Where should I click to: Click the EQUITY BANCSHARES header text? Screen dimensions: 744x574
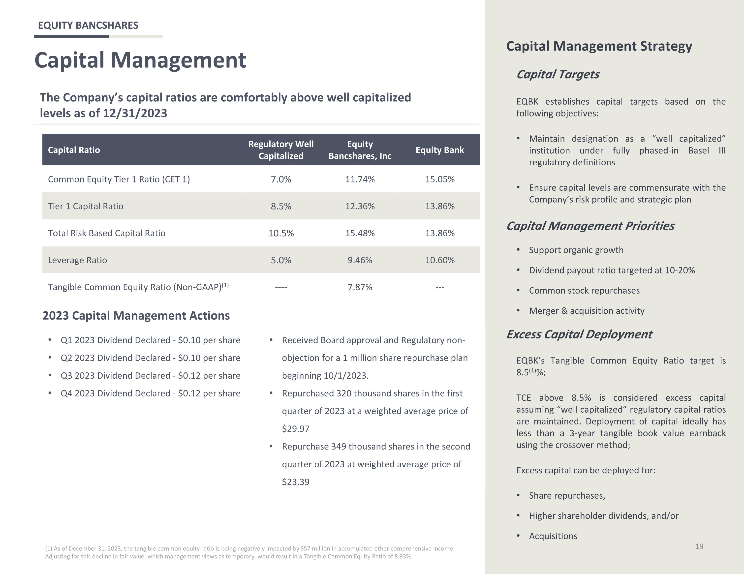88,25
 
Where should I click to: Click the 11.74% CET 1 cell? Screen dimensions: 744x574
360,179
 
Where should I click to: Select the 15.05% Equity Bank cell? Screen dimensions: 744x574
440,179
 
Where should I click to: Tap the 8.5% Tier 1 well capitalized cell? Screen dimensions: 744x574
281,206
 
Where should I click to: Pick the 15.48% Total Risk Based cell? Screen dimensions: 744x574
360,233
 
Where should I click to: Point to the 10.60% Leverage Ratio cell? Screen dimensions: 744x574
440,260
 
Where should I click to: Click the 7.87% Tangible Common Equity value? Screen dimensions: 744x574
360,287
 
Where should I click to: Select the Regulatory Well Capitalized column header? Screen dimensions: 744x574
281,150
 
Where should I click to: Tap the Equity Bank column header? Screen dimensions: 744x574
440,150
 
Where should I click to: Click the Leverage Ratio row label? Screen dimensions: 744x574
77,260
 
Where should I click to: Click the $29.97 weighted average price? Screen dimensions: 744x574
296,428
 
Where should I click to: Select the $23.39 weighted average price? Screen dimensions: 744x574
296,482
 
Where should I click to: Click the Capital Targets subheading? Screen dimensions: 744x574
558,74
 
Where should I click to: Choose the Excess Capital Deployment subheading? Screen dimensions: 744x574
579,334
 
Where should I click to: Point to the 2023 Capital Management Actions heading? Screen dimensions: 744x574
136,315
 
